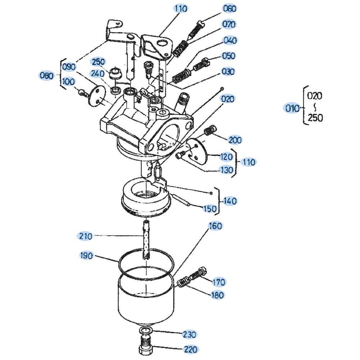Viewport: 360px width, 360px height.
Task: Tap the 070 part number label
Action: [x=229, y=24]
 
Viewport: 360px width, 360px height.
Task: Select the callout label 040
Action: [x=230, y=40]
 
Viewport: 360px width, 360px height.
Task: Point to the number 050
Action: [x=229, y=56]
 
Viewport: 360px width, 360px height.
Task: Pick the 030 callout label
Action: [x=228, y=72]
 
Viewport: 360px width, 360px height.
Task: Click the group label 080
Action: [x=46, y=76]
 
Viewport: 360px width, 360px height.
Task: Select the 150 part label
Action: [x=210, y=209]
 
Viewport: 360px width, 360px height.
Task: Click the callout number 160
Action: [x=216, y=226]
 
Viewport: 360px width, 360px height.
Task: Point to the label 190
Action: [x=86, y=256]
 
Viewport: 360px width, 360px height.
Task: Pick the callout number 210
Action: [x=85, y=236]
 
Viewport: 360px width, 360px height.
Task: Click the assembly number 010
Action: [x=292, y=108]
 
